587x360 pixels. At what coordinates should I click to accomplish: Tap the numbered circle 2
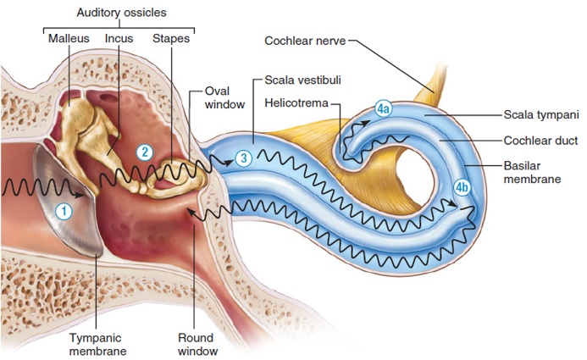145,152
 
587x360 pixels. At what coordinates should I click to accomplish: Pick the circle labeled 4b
462,188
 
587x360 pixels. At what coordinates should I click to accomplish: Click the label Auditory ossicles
121,13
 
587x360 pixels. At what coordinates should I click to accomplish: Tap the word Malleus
69,38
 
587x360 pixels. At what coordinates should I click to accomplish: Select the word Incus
119,38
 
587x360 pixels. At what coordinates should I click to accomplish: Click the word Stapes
170,38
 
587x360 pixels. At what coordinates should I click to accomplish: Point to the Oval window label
224,97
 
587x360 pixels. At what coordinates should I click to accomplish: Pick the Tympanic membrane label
97,344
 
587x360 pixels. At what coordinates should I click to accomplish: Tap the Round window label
197,344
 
